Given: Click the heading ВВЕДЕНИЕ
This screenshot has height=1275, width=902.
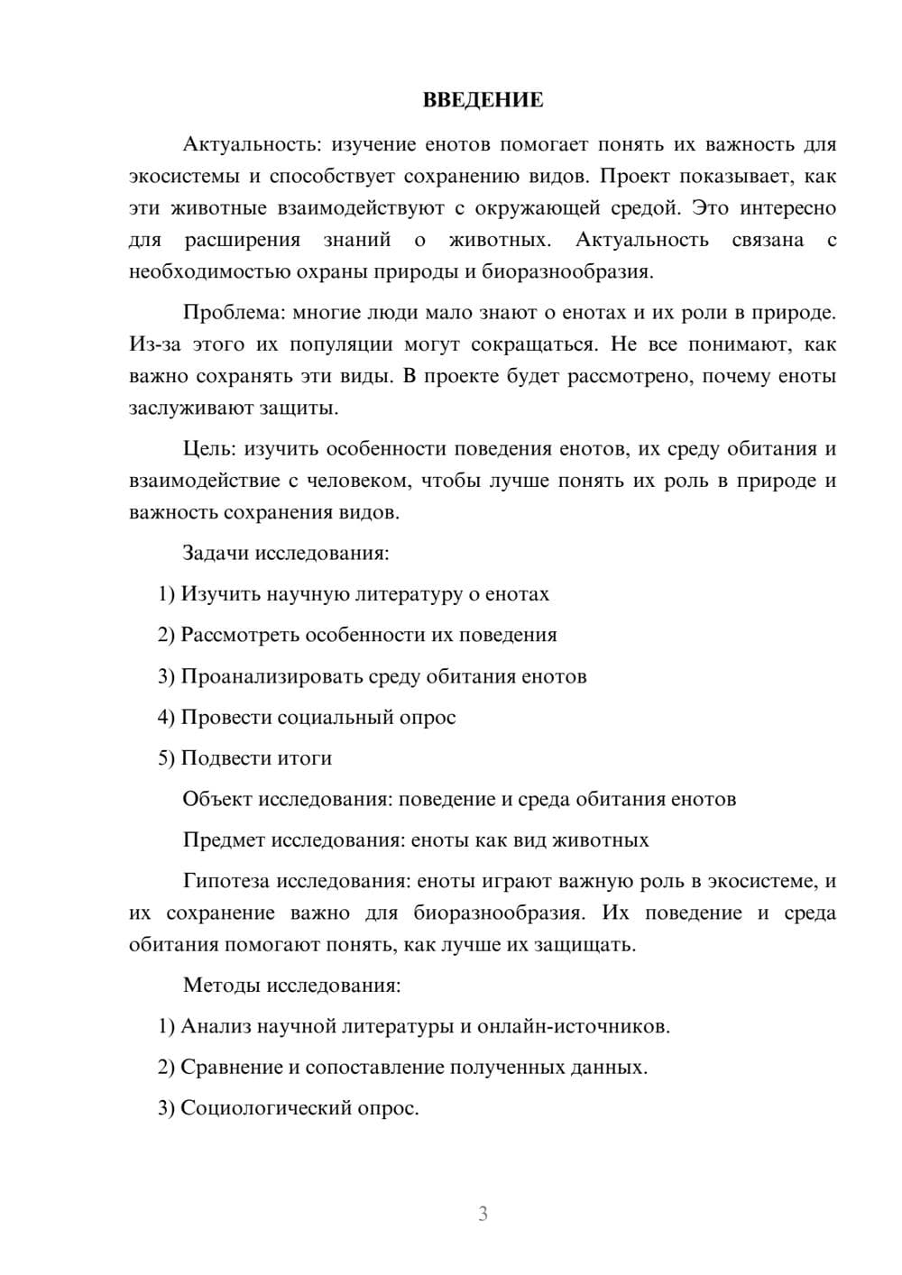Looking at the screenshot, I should coord(483,100).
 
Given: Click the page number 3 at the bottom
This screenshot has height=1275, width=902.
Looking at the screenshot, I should coord(483,1214).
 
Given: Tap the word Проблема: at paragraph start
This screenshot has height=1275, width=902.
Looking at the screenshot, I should coord(234,313).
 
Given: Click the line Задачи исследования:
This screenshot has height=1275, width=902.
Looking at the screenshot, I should coord(286,553).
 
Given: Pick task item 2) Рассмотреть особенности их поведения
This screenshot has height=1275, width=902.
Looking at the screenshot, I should coord(357,635).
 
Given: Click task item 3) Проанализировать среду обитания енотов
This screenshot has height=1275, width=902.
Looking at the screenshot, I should coord(372,676).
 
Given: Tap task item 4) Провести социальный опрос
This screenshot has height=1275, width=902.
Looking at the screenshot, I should coord(307,718).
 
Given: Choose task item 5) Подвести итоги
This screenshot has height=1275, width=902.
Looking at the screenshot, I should coord(244,758).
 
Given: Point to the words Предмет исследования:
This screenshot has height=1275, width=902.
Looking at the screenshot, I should coord(293,840).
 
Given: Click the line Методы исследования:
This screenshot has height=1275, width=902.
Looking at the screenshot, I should coord(291,985).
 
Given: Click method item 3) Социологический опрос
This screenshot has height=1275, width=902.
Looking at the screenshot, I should coord(289,1108).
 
